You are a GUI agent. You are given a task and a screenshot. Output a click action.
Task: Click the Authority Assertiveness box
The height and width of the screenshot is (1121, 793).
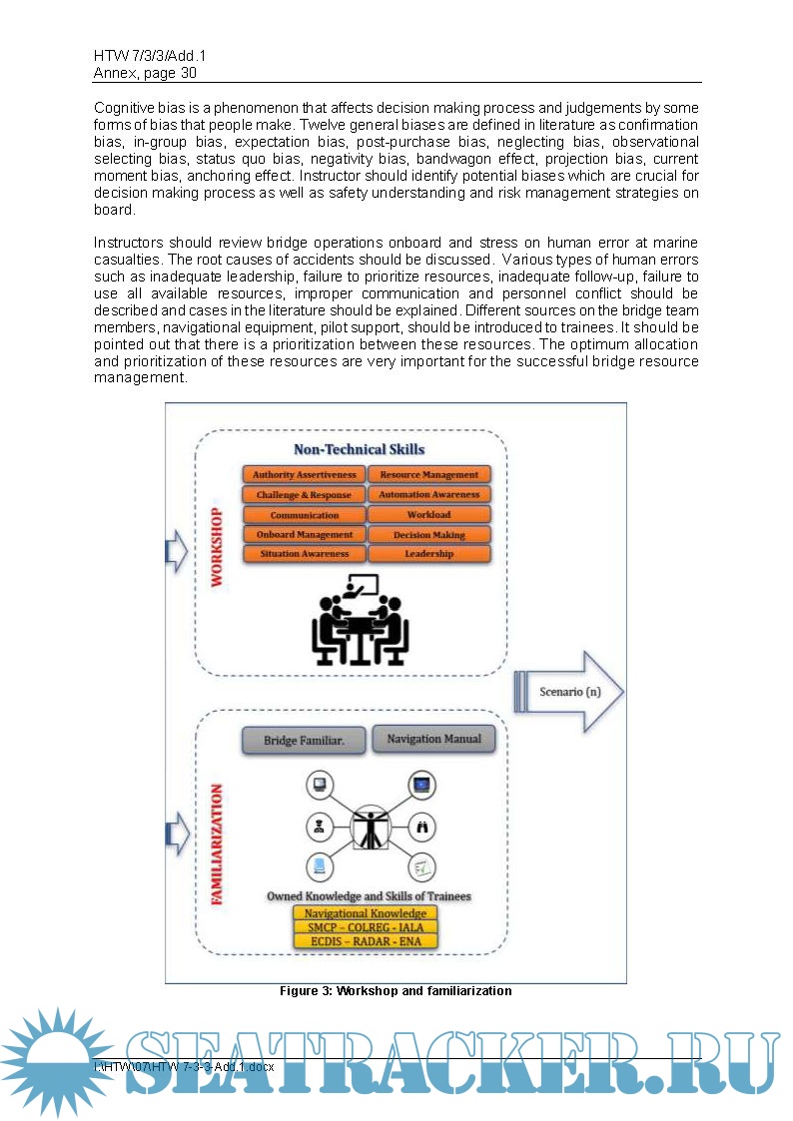click(x=304, y=475)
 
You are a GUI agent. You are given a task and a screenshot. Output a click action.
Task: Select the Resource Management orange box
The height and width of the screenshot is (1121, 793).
click(x=428, y=475)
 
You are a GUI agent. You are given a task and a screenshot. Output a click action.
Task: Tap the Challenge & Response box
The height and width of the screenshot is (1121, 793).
click(x=304, y=495)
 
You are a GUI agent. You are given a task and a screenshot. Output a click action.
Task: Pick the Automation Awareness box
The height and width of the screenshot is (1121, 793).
click(x=428, y=495)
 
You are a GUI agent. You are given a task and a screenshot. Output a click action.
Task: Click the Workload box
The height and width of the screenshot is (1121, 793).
click(x=428, y=515)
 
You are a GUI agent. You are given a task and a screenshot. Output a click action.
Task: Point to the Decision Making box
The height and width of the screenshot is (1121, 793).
click(x=428, y=535)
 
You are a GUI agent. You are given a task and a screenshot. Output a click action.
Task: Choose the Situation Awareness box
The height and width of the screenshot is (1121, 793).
click(x=304, y=554)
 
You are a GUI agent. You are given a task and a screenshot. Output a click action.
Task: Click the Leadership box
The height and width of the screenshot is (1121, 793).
click(x=428, y=554)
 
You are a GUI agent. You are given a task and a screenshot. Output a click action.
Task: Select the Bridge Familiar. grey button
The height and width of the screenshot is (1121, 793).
click(x=302, y=741)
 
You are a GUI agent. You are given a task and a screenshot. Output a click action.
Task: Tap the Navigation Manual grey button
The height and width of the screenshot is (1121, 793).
click(x=433, y=740)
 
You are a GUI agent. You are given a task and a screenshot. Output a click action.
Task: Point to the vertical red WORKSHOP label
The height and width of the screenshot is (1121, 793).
click(x=217, y=547)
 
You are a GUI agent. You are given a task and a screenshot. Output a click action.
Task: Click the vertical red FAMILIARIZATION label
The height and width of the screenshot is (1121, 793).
click(x=217, y=843)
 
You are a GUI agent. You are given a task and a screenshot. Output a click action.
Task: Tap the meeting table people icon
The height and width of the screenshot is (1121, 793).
click(x=360, y=620)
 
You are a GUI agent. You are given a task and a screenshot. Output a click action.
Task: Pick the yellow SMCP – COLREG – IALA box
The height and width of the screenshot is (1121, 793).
click(x=365, y=927)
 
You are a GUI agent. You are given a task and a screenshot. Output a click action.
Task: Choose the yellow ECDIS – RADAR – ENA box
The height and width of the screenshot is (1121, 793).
click(x=365, y=940)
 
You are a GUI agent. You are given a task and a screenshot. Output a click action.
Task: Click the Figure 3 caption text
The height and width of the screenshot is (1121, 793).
click(x=396, y=991)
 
